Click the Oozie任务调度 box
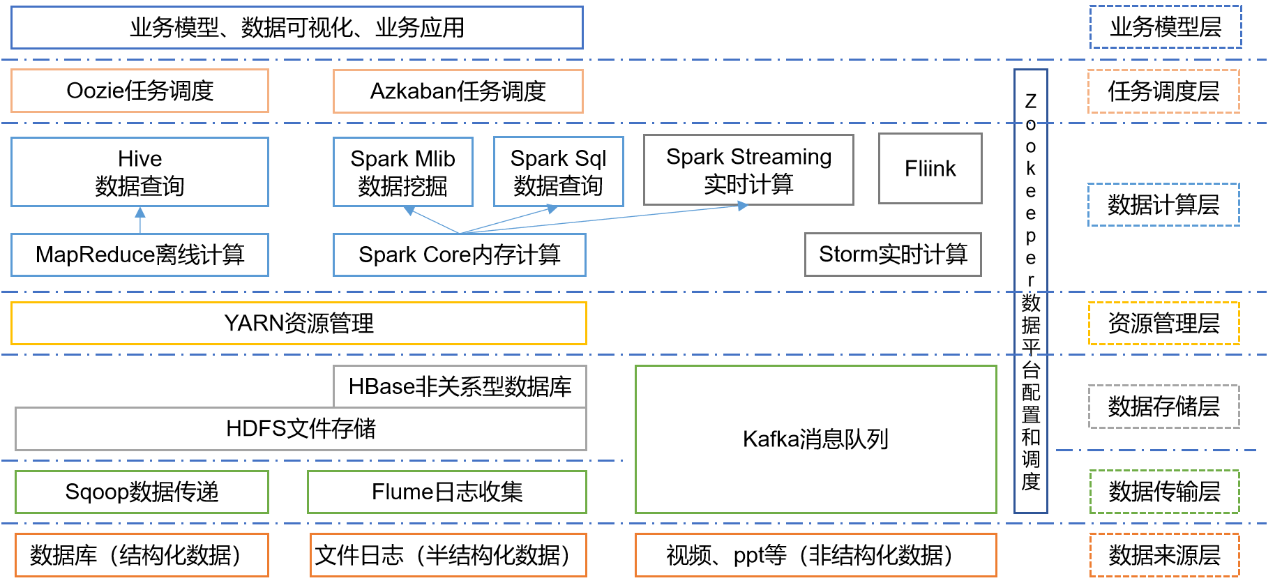(x=139, y=91)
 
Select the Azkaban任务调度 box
(x=458, y=91)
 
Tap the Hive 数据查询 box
(x=139, y=172)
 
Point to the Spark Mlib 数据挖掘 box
(x=402, y=172)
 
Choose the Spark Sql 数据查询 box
(x=558, y=172)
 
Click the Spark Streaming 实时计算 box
(x=748, y=169)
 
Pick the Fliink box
(x=930, y=169)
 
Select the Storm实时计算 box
(x=893, y=255)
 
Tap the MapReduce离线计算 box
(x=139, y=255)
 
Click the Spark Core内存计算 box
(x=459, y=255)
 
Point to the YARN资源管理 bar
(x=299, y=324)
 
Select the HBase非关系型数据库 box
(x=460, y=386)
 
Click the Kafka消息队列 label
(x=815, y=439)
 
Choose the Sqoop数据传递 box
(x=142, y=492)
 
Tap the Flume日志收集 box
(x=446, y=492)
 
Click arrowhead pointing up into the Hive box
(x=140, y=212)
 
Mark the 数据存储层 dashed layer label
(x=1163, y=407)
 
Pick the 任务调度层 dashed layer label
(x=1163, y=91)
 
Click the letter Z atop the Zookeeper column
(x=1030, y=102)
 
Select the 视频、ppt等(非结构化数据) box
(x=815, y=555)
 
